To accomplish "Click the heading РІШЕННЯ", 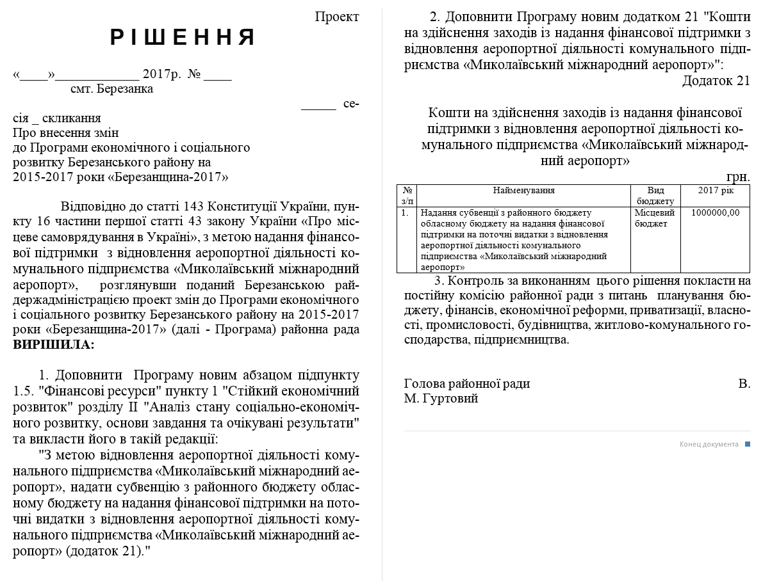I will [x=183, y=38].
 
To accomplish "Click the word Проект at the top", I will [x=337, y=17].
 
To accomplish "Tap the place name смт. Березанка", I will [x=111, y=89].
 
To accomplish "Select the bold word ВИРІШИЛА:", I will [x=54, y=344].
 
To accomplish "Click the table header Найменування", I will [x=523, y=191].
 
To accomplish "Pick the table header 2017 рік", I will [x=715, y=191].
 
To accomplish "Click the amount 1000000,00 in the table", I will [x=715, y=213].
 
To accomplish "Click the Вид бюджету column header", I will [x=655, y=196].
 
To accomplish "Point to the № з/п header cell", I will [x=407, y=196].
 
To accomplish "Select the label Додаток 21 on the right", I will [x=716, y=81].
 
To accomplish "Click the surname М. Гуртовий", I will [x=441, y=399].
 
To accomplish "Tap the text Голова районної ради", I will [x=467, y=384].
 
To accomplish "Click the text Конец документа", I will [x=709, y=444].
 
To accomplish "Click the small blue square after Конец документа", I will [x=747, y=444].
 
